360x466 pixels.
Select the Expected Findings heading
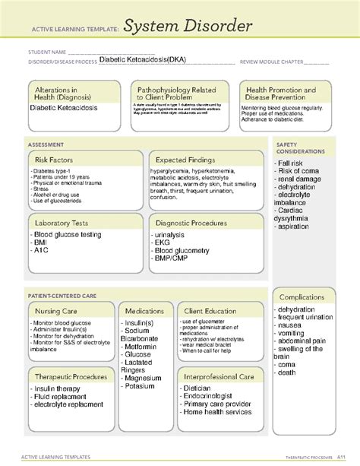pos(187,160)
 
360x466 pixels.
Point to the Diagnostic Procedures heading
pos(191,223)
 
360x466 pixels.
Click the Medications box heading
pos(144,311)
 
